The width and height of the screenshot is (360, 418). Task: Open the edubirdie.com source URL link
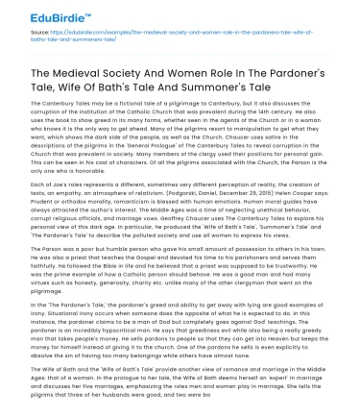pyautogui.click(x=173, y=35)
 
